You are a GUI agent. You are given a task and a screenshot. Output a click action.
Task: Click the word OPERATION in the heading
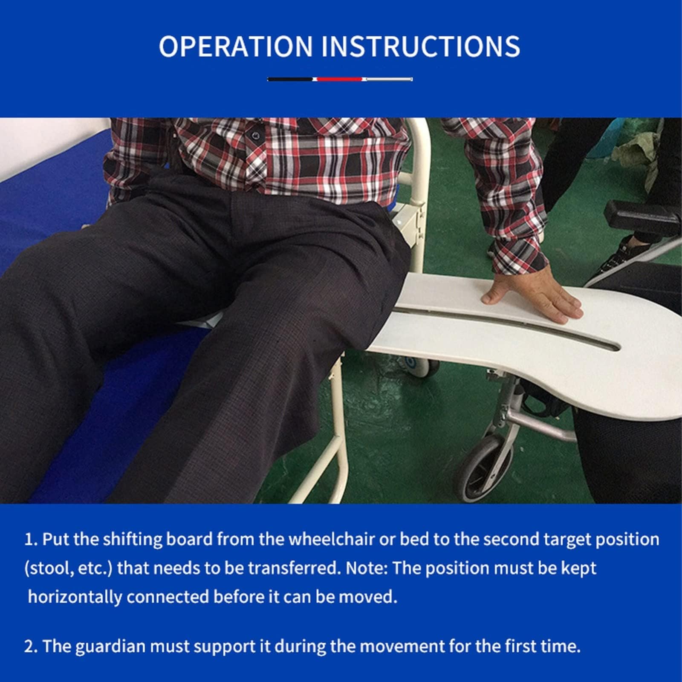236,46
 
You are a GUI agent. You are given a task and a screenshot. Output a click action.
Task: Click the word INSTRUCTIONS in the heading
421,46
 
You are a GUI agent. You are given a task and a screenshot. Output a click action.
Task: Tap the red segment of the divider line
340,79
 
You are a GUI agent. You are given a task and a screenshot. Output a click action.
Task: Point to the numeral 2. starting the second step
31,647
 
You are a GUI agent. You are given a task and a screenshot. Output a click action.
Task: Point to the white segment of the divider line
388,79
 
